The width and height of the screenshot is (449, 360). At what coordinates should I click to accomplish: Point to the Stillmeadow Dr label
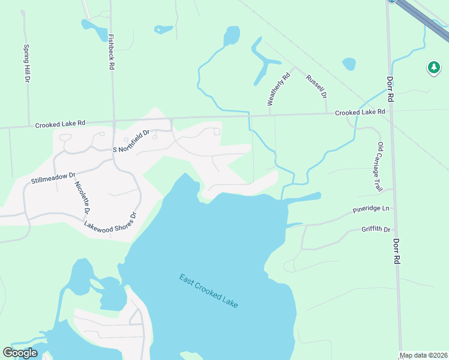click(x=53, y=178)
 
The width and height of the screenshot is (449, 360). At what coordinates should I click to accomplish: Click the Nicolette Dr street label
click(x=81, y=197)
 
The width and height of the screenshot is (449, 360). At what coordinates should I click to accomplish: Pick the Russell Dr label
click(x=316, y=86)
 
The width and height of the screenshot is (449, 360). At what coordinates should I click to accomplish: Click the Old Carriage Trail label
click(x=379, y=167)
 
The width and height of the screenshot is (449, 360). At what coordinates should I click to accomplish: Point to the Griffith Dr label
click(x=376, y=229)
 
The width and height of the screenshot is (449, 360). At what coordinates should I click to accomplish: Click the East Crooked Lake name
click(x=208, y=291)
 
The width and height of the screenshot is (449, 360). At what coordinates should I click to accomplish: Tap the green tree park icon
click(x=433, y=68)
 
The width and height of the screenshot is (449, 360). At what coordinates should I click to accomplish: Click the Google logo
click(x=20, y=353)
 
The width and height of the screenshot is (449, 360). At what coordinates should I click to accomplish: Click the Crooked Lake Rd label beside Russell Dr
click(x=360, y=112)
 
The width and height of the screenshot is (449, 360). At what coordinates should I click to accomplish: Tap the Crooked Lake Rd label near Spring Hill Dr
click(x=60, y=124)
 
